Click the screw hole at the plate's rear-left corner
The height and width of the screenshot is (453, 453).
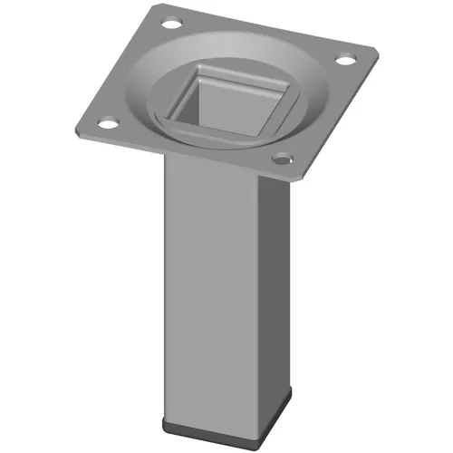(167, 19)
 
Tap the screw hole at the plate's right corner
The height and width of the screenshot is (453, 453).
(345, 60)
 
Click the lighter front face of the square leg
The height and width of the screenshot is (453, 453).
(207, 290)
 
